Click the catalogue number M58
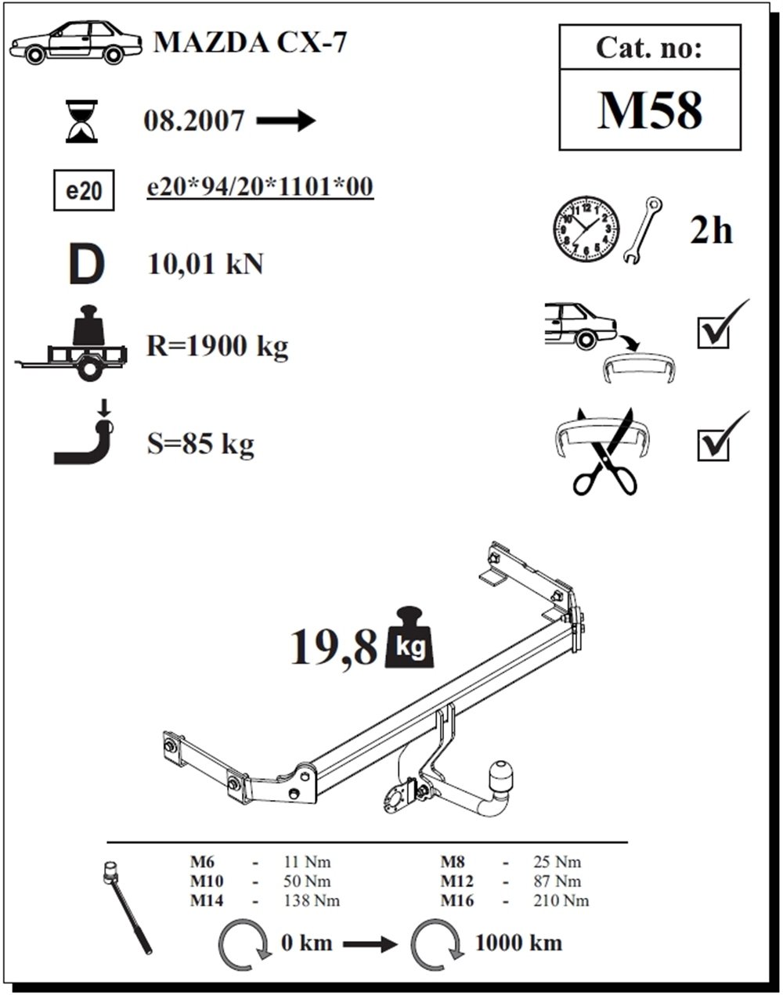650,110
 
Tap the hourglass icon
82,121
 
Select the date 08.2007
193,121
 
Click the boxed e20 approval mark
84,190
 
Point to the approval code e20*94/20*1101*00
260,187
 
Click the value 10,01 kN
205,265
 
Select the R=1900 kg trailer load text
217,345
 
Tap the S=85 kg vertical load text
200,444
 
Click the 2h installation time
711,231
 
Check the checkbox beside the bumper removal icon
713,333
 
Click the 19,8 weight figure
333,647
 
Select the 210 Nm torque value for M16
561,901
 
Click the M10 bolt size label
206,881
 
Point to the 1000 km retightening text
518,943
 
